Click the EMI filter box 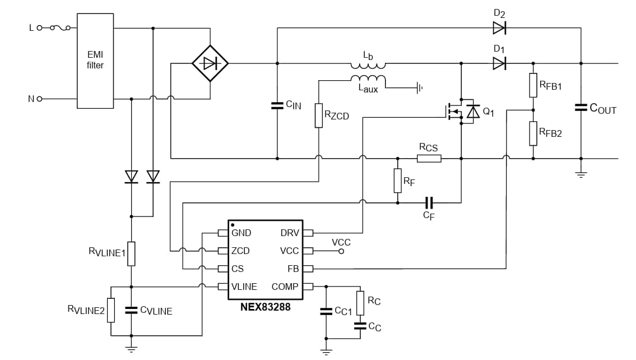tap(95, 61)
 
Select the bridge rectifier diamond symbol tap(210, 63)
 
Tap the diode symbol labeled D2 tap(499, 27)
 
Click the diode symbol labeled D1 tap(499, 63)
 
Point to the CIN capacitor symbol tap(277, 105)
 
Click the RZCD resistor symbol tap(318, 116)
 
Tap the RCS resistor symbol tap(429, 159)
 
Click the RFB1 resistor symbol tap(533, 85)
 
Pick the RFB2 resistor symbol tap(533, 133)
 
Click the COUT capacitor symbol tap(581, 108)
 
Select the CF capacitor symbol tap(429, 202)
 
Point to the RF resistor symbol tap(397, 180)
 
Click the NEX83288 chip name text tap(265, 307)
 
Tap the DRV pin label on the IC tap(289, 233)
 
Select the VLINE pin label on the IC tap(244, 287)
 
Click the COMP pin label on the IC tap(285, 287)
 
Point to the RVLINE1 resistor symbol tap(131, 253)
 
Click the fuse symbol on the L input tap(59, 27)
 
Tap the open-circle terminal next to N tap(40, 99)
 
